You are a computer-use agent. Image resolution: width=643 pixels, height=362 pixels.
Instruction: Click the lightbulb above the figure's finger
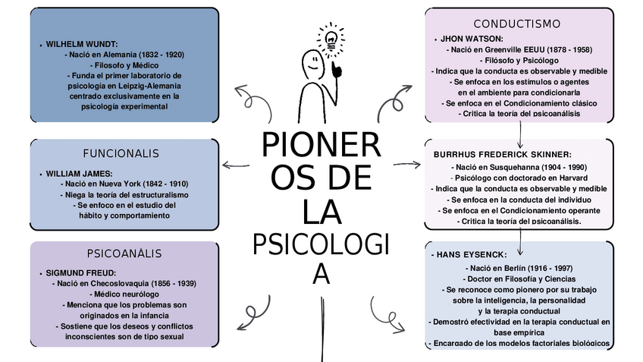click(x=331, y=38)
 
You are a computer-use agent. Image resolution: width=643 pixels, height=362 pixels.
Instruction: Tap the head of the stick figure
click(x=312, y=61)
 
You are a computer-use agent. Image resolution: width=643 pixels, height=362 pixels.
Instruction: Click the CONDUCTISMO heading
click(x=517, y=24)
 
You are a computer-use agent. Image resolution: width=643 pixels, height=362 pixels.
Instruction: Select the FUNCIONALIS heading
click(x=121, y=153)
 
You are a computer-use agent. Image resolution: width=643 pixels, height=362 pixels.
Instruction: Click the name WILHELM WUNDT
click(x=81, y=45)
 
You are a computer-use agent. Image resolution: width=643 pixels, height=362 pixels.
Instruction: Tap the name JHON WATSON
click(x=472, y=39)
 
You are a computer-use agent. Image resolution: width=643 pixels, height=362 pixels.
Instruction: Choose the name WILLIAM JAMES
click(x=79, y=173)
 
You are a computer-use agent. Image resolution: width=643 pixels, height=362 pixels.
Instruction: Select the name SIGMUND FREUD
click(x=80, y=272)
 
